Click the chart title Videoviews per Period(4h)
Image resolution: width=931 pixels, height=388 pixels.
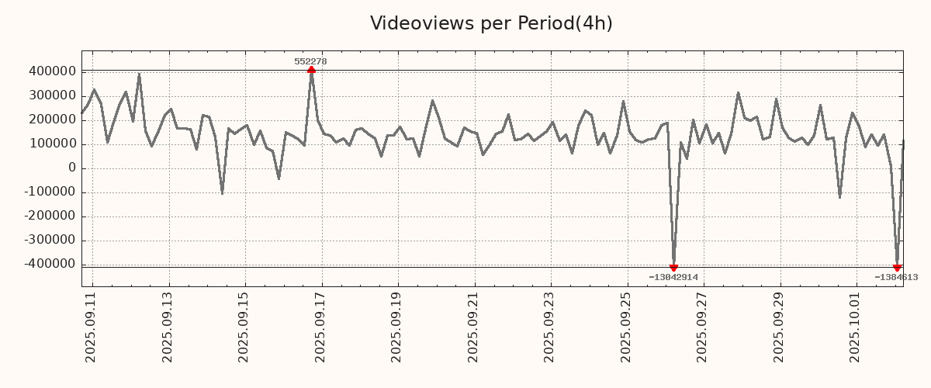(x=491, y=23)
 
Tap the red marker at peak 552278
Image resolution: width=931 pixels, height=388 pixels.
(x=311, y=70)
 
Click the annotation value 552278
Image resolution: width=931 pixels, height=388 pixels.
(x=310, y=61)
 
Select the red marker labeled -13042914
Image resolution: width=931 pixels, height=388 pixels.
(x=673, y=268)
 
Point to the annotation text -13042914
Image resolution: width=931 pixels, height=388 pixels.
(x=673, y=277)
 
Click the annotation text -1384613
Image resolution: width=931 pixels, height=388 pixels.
(x=896, y=277)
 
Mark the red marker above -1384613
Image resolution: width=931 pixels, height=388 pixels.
(x=897, y=268)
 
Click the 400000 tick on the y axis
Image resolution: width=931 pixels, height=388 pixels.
(x=51, y=71)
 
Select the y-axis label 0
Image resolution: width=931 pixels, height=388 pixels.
(x=72, y=168)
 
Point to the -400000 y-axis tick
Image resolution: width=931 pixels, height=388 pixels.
(x=49, y=265)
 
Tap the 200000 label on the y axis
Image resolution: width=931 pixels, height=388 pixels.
(x=51, y=120)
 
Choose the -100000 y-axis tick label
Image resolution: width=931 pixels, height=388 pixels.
(x=49, y=192)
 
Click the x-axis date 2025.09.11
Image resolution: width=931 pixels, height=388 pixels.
(x=91, y=326)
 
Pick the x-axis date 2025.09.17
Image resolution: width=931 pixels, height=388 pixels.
(x=320, y=326)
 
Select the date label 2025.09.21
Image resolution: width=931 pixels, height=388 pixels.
(x=473, y=326)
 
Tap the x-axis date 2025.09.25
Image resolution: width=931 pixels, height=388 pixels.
(x=627, y=326)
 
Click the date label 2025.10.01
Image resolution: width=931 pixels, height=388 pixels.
(x=857, y=326)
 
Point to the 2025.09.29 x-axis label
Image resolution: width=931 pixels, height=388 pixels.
(x=780, y=326)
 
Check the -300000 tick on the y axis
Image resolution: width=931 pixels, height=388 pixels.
(x=49, y=241)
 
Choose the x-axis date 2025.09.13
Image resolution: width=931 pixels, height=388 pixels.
(x=168, y=326)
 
